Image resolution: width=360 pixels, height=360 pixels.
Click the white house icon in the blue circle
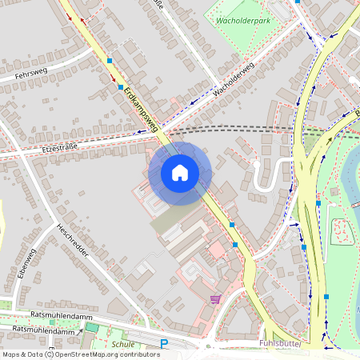click(x=180, y=173)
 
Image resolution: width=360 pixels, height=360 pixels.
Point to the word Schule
click(x=123, y=344)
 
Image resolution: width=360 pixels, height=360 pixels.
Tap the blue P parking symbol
click(x=164, y=344)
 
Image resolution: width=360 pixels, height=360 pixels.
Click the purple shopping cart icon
click(x=215, y=299)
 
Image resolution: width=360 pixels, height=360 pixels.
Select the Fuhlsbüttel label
click(x=284, y=343)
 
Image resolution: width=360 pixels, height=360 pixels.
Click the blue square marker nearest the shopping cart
click(x=235, y=245)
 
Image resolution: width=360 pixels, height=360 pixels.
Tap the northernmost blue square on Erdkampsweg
click(x=110, y=60)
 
